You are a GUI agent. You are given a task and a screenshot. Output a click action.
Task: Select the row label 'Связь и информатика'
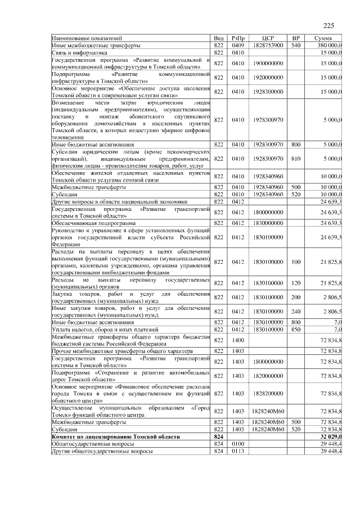[79, 52]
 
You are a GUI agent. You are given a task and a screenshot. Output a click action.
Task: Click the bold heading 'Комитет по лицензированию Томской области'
[115, 436]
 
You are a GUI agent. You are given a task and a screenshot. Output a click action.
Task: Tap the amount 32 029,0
[331, 436]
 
